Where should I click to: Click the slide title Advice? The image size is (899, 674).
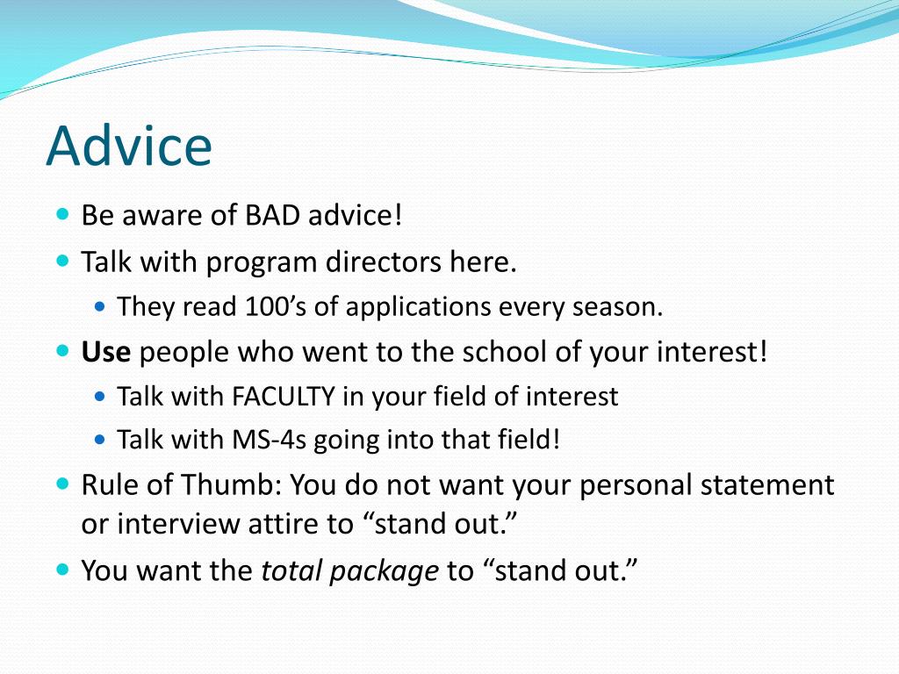[x=129, y=146]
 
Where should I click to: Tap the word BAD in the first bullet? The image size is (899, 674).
[x=272, y=216]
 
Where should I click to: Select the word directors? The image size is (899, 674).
[x=383, y=262]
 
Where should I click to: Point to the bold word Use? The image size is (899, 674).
[x=106, y=352]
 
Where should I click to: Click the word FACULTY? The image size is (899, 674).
[x=284, y=397]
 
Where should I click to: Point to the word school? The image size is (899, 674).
[x=503, y=352]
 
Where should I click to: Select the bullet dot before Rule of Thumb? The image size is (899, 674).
[x=63, y=484]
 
